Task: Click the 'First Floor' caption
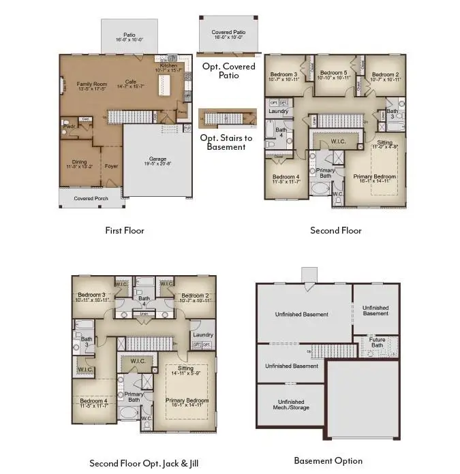pyautogui.click(x=125, y=230)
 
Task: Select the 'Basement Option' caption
pyautogui.click(x=328, y=460)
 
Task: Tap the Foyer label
pyautogui.click(x=111, y=164)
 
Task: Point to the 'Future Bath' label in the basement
pyautogui.click(x=377, y=342)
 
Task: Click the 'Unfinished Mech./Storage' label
pyautogui.click(x=290, y=405)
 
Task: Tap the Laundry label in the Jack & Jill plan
pyautogui.click(x=203, y=334)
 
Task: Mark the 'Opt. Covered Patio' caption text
pyautogui.click(x=229, y=71)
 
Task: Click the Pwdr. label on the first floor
pyautogui.click(x=69, y=126)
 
